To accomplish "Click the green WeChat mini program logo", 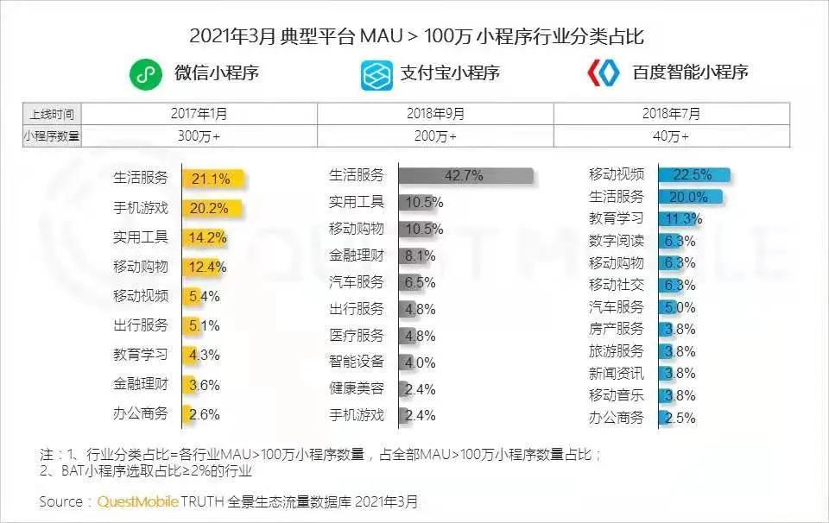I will (x=146, y=73).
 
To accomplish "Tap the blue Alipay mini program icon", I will (x=377, y=73).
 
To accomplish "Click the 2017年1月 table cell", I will (x=199, y=114).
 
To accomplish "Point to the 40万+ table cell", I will (x=671, y=135).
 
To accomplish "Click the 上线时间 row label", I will (x=52, y=114).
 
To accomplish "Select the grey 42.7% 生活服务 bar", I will (x=465, y=175).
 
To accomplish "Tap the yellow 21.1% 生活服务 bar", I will (x=213, y=179).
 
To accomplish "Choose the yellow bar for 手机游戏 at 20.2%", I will (x=212, y=208).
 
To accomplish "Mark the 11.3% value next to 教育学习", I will (x=684, y=218).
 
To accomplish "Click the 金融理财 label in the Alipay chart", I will (x=356, y=255).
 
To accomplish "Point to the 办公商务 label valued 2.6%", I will (x=141, y=413).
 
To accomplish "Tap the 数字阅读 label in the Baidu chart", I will (x=616, y=241).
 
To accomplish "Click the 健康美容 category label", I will (x=356, y=388).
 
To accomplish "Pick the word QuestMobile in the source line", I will (x=137, y=501).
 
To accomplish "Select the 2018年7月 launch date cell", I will (x=671, y=114).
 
